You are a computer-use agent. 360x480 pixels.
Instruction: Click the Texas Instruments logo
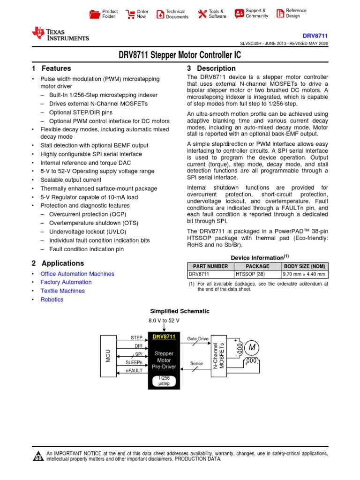click(60, 33)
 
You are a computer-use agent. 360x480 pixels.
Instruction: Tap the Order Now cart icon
click(130, 14)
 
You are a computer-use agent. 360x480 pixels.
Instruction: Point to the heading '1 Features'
click(51, 68)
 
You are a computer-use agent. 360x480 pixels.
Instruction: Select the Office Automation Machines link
click(77, 274)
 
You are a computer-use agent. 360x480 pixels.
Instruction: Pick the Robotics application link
click(52, 300)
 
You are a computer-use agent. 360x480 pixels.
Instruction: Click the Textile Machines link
click(62, 291)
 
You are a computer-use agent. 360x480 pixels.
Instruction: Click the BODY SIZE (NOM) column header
click(304, 266)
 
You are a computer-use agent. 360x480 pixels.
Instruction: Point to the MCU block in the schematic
click(108, 356)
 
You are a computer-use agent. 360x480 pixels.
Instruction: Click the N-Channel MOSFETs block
click(219, 356)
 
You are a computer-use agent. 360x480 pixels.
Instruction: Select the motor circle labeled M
click(253, 347)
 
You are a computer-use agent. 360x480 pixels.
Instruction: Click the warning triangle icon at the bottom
click(38, 457)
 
